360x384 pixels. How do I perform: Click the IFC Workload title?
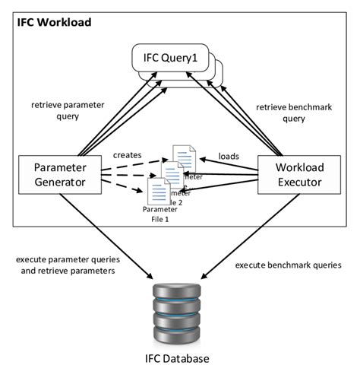click(55, 23)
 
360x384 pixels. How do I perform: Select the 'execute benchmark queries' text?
click(288, 265)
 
